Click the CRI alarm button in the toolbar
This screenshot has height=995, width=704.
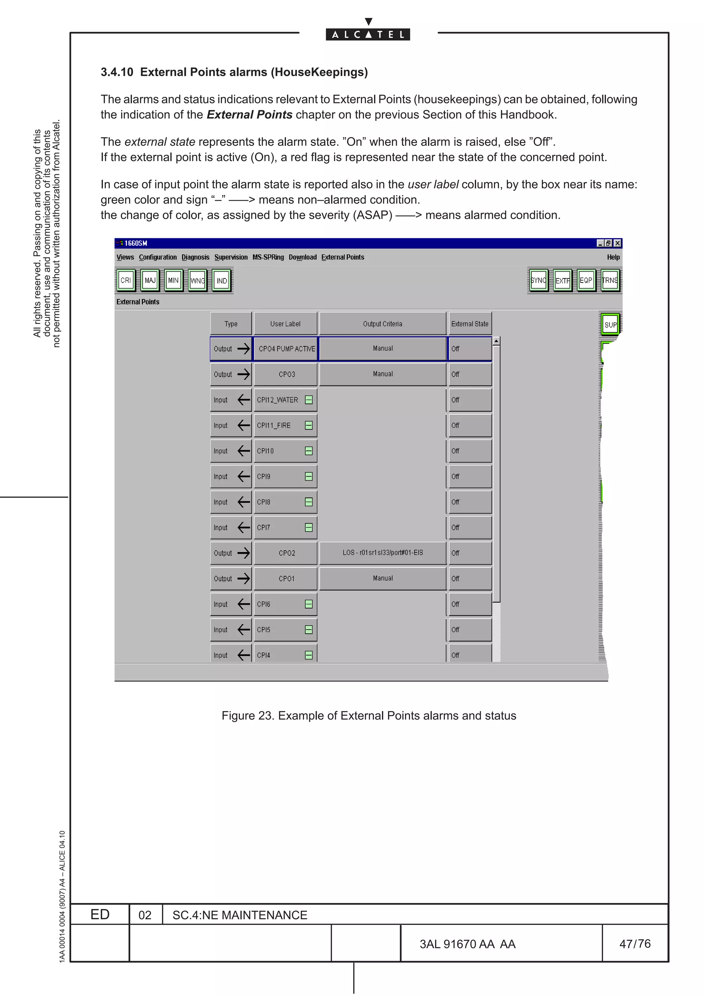[x=126, y=281]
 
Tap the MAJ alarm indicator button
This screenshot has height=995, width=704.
[x=150, y=281]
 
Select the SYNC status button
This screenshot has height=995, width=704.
[x=538, y=281]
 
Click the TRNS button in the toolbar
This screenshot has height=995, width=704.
[x=610, y=281]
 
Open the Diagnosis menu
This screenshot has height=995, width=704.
[x=195, y=257]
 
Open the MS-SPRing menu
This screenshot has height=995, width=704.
[x=268, y=257]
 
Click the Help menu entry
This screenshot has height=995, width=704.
[x=613, y=257]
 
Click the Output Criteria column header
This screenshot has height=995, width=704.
[x=383, y=324]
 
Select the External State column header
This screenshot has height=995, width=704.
[x=470, y=324]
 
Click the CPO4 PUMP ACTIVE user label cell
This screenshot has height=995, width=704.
[x=286, y=349]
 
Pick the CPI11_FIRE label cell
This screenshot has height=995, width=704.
[x=278, y=425]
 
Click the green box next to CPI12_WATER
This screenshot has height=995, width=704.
[x=309, y=400]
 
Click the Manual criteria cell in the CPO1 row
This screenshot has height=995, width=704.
[x=383, y=578]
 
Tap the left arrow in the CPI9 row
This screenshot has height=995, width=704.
[x=244, y=476]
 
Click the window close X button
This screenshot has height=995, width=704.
[x=617, y=243]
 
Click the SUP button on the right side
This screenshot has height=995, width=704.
[x=610, y=324]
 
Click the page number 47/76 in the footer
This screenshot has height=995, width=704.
[x=635, y=943]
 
